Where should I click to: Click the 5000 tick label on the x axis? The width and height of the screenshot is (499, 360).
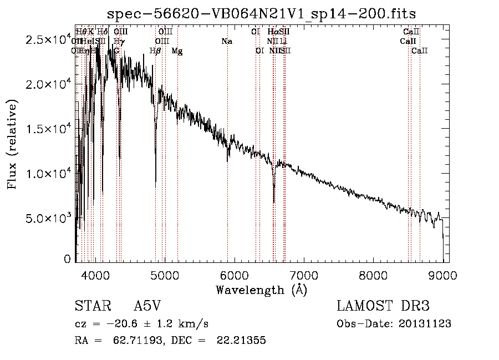(165, 274)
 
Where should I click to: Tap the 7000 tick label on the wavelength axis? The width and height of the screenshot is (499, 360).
(304, 274)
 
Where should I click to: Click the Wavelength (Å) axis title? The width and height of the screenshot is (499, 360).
(261, 289)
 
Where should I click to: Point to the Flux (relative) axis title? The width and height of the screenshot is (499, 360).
(12, 144)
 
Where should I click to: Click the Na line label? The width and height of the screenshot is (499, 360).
(226, 41)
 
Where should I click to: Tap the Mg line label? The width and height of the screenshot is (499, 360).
(177, 51)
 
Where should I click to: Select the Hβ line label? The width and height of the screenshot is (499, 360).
(155, 51)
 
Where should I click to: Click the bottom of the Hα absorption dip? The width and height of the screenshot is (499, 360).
(274, 201)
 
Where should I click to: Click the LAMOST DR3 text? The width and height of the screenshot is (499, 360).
(383, 307)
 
